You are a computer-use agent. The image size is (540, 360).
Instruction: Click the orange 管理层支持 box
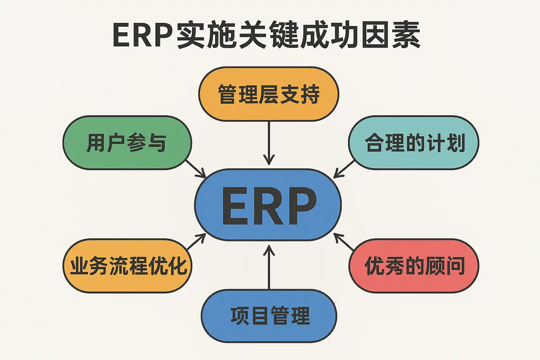tap(269, 94)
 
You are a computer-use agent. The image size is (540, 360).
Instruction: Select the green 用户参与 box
tap(127, 143)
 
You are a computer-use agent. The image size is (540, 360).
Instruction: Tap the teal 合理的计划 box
tap(413, 143)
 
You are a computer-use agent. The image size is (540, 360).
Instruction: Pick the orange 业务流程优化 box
tap(127, 266)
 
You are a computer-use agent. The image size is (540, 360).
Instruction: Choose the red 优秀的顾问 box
tap(414, 266)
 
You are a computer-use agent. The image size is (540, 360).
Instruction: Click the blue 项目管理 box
tap(269, 316)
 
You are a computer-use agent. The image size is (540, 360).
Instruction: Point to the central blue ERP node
tap(268, 205)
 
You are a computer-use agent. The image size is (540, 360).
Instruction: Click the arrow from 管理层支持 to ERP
tap(269, 142)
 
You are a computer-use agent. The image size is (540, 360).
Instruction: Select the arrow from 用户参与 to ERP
tap(195, 169)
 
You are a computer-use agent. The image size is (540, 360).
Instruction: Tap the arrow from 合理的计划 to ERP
tap(344, 169)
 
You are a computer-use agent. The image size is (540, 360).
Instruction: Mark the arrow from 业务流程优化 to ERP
tap(196, 242)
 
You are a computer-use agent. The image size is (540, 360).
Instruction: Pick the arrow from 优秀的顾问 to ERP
tap(344, 242)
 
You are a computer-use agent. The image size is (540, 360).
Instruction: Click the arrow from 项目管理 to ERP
tap(269, 267)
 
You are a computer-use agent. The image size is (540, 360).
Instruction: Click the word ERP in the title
tap(142, 35)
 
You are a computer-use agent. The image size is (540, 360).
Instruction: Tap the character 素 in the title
tap(406, 35)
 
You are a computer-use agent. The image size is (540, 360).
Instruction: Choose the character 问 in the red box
tap(455, 266)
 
